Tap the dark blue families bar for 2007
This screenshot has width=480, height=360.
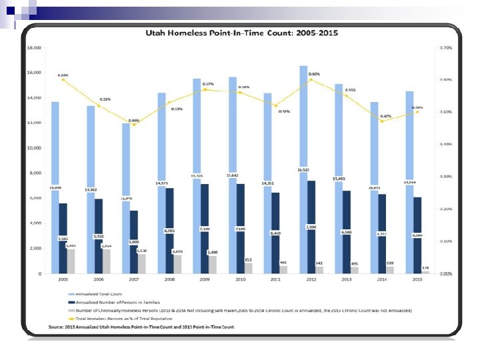134,241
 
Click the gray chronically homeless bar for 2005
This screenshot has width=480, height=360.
71,261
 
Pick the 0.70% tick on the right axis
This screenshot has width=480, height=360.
446,48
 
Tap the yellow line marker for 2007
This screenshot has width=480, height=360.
134,125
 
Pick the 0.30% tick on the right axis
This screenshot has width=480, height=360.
446,177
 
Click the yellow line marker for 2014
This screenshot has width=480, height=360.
381,121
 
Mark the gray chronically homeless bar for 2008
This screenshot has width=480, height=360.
177,264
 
